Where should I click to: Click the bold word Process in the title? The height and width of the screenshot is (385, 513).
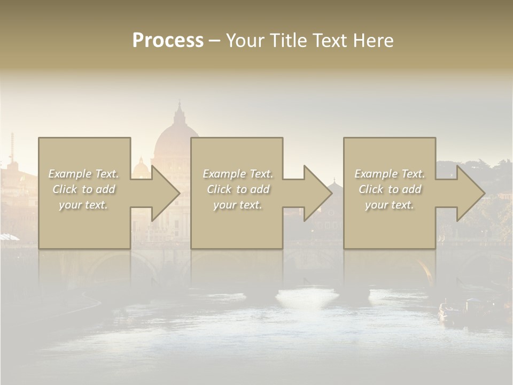click(168, 41)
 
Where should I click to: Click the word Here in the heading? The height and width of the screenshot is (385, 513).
click(374, 41)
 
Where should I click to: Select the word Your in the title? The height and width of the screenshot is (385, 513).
click(245, 41)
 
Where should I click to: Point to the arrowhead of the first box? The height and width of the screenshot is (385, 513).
click(165, 193)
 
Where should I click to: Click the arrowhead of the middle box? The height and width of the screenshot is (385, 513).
click(317, 193)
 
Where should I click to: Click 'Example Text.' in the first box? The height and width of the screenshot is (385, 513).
click(83, 174)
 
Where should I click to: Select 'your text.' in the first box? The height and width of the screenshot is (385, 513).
click(83, 205)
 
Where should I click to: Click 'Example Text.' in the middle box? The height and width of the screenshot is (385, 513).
click(238, 174)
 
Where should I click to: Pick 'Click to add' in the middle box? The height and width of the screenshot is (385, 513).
click(238, 189)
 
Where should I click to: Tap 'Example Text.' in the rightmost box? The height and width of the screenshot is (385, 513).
click(390, 174)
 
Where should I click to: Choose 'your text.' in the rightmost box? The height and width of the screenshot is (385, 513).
click(390, 205)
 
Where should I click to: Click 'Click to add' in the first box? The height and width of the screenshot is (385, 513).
click(83, 189)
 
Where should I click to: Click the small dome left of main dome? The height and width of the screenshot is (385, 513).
click(141, 168)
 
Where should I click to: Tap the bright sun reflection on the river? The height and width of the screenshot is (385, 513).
click(306, 297)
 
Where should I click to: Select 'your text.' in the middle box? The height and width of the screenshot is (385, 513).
click(238, 205)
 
